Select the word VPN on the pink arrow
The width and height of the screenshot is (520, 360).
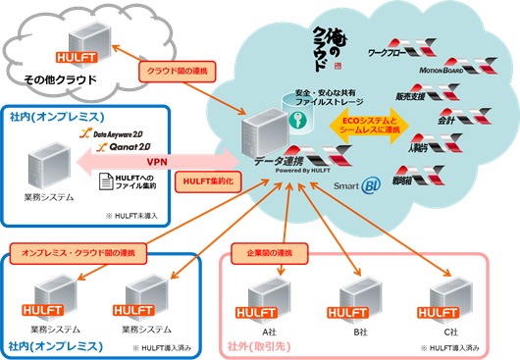[x=155, y=161]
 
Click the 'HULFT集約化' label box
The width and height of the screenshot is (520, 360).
[x=207, y=181]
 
